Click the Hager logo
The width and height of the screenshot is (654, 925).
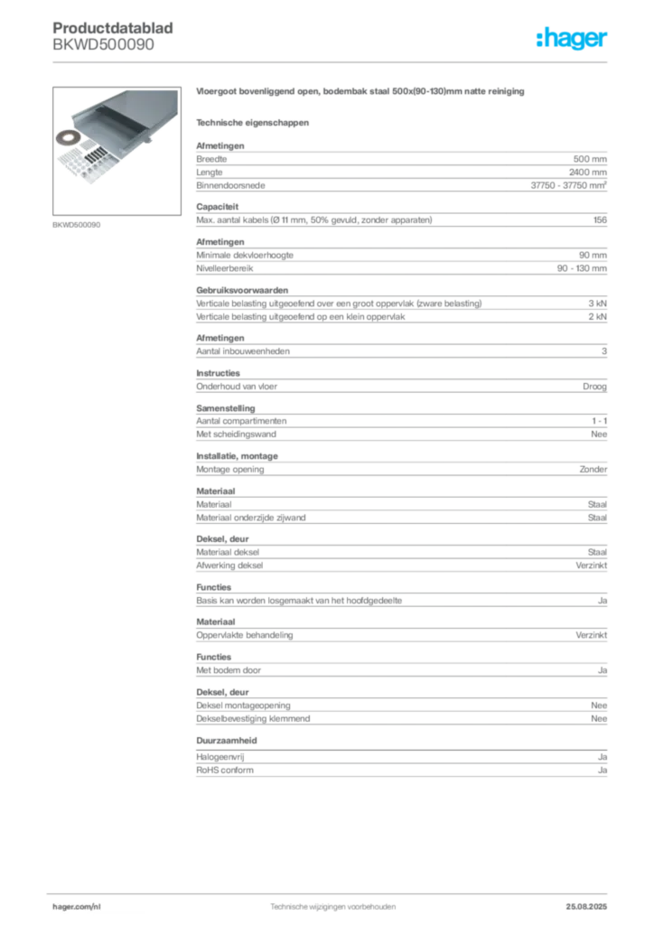click(x=572, y=38)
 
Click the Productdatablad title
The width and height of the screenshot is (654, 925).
click(x=113, y=28)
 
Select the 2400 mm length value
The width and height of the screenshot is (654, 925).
click(x=588, y=173)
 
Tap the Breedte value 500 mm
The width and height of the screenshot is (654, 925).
click(x=590, y=159)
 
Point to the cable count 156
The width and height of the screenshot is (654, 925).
click(x=601, y=220)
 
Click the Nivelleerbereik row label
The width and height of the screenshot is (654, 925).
click(x=225, y=268)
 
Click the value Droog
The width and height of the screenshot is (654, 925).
click(x=594, y=387)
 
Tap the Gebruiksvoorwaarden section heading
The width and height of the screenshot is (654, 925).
click(x=242, y=290)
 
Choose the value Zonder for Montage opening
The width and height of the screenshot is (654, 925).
click(x=593, y=470)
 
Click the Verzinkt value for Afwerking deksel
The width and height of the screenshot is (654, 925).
click(x=592, y=565)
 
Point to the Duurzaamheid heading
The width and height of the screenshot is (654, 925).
click(x=227, y=741)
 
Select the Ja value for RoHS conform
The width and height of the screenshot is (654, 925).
click(x=603, y=771)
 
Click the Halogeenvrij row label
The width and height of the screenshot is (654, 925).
click(x=220, y=757)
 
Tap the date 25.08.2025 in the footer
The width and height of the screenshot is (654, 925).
click(x=586, y=907)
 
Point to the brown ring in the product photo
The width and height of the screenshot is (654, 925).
click(x=68, y=138)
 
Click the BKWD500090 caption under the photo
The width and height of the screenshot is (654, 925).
click(x=77, y=225)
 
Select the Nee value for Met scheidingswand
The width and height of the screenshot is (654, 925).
click(x=599, y=434)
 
